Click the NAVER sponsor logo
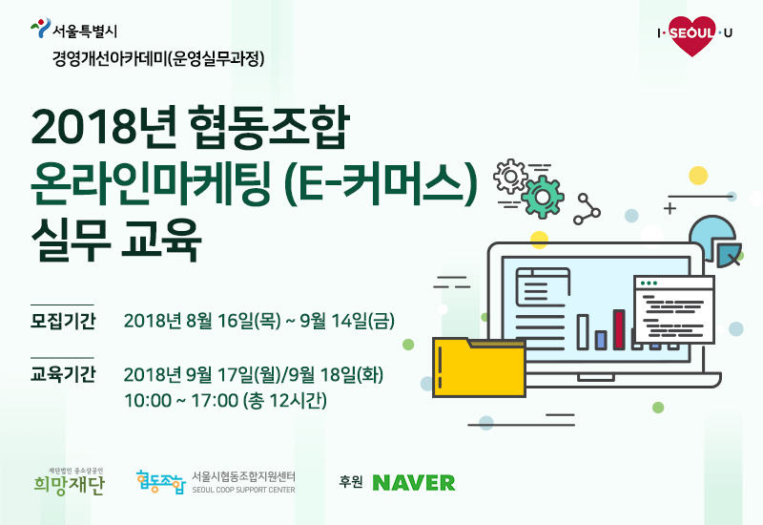(x=414, y=483)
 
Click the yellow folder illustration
(x=480, y=367)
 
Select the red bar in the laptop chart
(x=619, y=329)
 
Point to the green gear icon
(x=542, y=197)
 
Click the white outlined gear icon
(x=510, y=176)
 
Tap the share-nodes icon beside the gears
(x=587, y=209)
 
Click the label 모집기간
(x=63, y=321)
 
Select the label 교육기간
(x=63, y=374)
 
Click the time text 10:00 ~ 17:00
(x=181, y=401)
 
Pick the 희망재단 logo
(x=69, y=482)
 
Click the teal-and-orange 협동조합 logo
(x=161, y=482)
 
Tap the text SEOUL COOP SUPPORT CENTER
(x=243, y=490)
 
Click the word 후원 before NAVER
(x=351, y=482)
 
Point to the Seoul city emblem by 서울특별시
(x=40, y=28)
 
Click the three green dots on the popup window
(x=650, y=283)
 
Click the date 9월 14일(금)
(x=347, y=321)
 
